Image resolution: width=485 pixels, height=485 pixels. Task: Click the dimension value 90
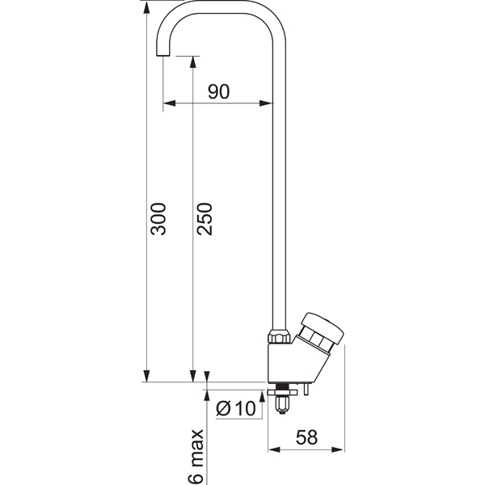point(219,91)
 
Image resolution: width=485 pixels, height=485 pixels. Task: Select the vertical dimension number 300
point(158,219)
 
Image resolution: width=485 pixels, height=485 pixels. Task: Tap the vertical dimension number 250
point(205,219)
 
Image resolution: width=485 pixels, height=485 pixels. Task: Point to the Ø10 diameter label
point(236,408)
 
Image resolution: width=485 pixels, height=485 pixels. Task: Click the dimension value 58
point(307,437)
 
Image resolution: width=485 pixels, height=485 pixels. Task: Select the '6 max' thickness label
point(197,457)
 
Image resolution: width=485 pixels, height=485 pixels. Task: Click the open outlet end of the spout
point(163,56)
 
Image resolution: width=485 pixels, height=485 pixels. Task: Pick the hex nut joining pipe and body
point(280,336)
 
